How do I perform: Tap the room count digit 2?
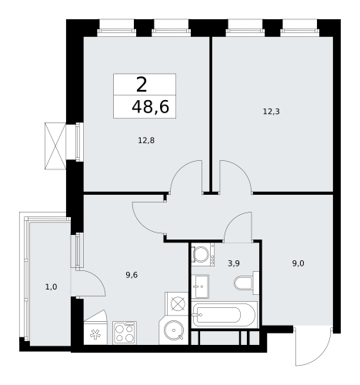click(x=142, y=85)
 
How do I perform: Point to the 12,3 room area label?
click(x=271, y=111)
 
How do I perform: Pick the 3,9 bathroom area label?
click(x=234, y=263)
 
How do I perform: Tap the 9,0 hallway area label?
click(x=297, y=263)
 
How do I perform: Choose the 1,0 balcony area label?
click(x=51, y=287)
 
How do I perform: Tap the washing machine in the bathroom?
click(x=202, y=255)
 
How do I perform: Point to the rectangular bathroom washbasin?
click(x=201, y=286)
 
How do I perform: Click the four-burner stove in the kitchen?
click(x=125, y=333)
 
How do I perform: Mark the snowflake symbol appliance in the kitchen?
click(x=96, y=333)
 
